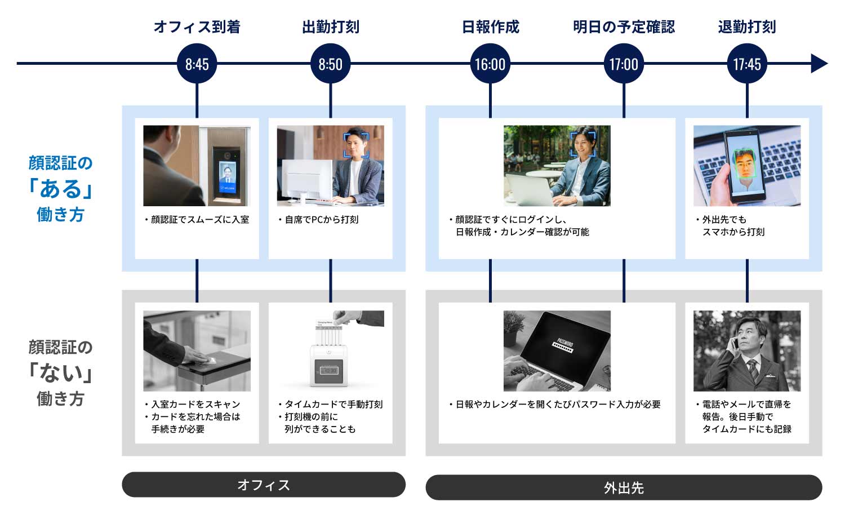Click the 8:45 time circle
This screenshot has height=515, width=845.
[197, 64]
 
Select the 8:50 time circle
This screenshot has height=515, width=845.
[330, 64]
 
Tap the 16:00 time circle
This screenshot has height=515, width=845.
[490, 64]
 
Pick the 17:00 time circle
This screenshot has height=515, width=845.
[624, 64]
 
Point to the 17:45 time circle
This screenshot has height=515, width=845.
[747, 64]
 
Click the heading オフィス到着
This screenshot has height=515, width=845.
[197, 26]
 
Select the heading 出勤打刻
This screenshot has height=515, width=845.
[330, 26]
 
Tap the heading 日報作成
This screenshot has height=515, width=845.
[490, 26]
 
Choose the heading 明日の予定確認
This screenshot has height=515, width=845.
[624, 26]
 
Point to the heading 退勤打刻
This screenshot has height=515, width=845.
[747, 26]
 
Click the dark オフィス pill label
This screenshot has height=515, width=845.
[264, 485]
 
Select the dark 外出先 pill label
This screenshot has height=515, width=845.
[624, 487]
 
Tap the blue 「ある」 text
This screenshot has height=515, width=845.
[60, 189]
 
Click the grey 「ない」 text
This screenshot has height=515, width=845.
[60, 373]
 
